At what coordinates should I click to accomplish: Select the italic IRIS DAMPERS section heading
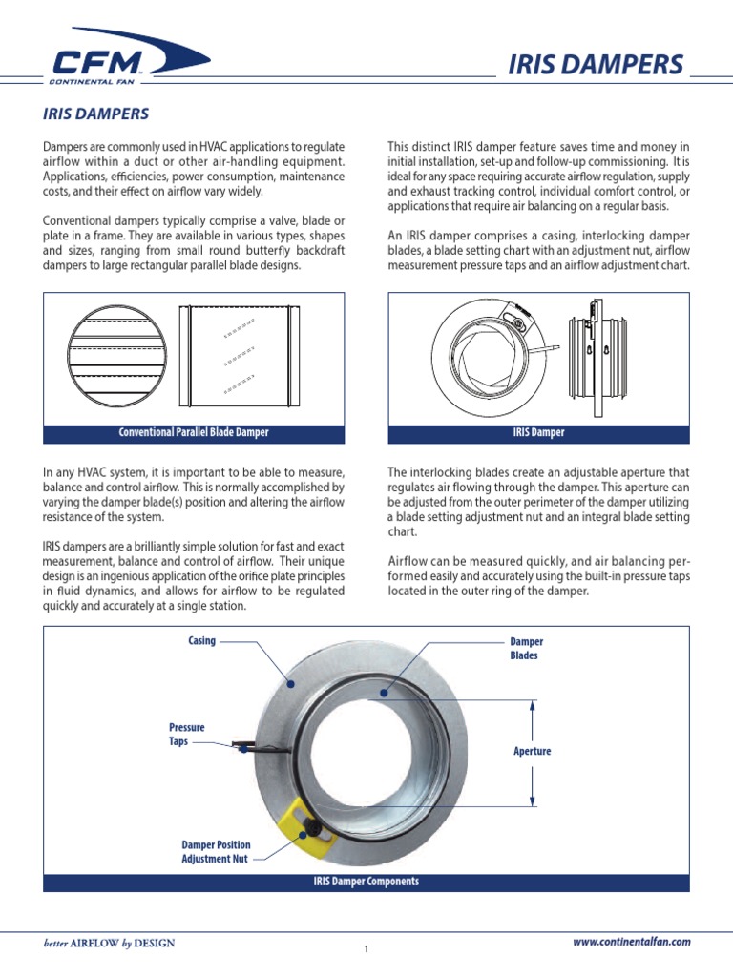click(x=95, y=114)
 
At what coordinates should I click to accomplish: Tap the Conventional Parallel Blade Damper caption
click(x=194, y=432)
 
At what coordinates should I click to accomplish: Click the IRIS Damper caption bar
click(x=538, y=432)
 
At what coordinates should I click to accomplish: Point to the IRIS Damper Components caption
click(x=366, y=882)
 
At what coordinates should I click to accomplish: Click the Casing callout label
click(x=201, y=641)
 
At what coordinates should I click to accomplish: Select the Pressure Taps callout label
click(x=186, y=734)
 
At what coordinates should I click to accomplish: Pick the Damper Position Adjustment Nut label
click(x=215, y=851)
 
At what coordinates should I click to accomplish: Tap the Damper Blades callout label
click(x=526, y=649)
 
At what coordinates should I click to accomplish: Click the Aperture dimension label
click(x=532, y=751)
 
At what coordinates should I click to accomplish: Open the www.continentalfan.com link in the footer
click(x=631, y=942)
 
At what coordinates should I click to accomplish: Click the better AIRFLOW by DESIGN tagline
click(x=109, y=944)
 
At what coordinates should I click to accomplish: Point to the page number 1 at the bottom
click(x=366, y=949)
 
